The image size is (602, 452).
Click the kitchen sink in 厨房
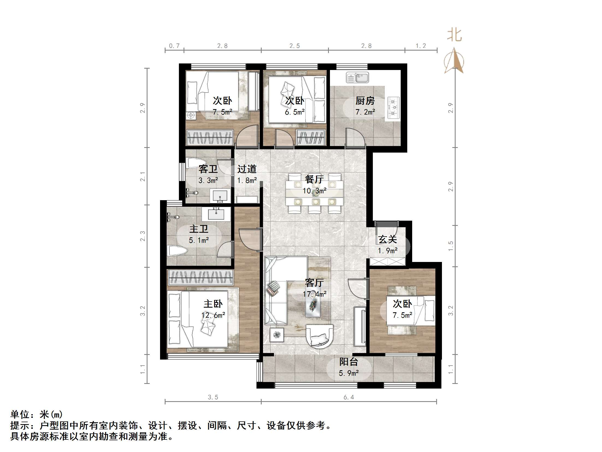point(357,77)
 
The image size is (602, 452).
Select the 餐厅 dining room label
point(314,179)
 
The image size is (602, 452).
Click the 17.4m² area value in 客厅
point(314,294)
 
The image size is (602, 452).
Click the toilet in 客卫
point(193,163)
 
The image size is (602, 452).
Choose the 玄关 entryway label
point(387,240)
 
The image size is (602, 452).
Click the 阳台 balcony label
point(349,362)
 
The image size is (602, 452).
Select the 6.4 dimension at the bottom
point(349,397)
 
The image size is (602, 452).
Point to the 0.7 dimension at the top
point(174,46)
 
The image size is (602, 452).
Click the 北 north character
point(454,36)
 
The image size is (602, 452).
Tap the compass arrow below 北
point(454,61)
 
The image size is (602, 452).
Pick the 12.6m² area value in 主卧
point(213,315)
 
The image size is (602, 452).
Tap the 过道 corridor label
point(247,169)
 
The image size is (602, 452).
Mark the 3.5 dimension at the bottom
point(213,397)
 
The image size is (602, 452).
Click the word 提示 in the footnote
point(20,425)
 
